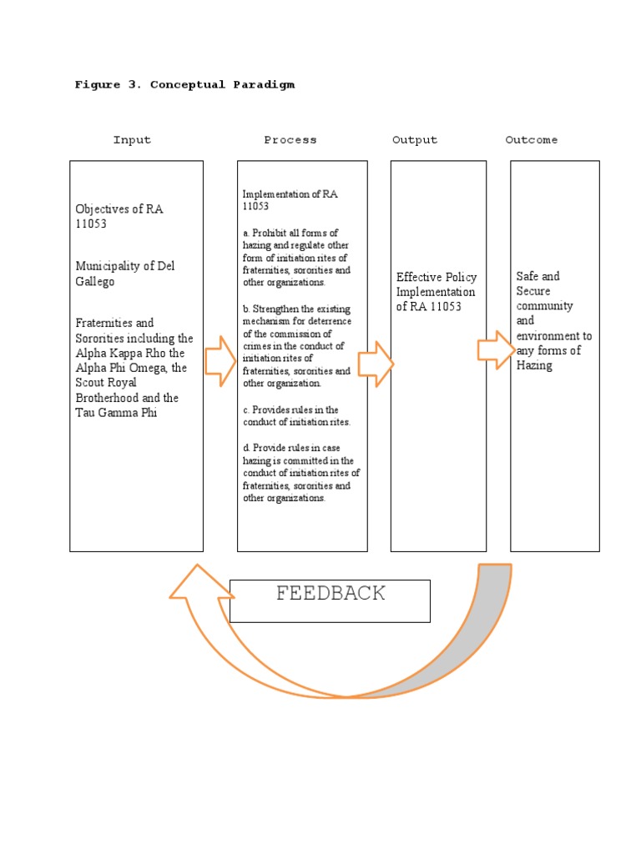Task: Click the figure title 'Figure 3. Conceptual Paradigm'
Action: [184, 84]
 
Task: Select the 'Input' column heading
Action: [132, 140]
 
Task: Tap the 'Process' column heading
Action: [290, 140]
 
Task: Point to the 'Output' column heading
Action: [415, 140]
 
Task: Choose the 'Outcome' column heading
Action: [532, 140]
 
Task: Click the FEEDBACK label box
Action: [331, 600]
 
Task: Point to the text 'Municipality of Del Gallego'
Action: [125, 274]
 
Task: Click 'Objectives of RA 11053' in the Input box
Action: [119, 216]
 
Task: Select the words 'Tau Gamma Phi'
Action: [116, 413]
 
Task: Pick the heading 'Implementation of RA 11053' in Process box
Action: [290, 200]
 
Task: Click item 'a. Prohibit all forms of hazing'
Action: [296, 258]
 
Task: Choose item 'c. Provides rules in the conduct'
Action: [296, 415]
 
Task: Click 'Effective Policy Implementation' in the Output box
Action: [437, 292]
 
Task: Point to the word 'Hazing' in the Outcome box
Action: [534, 365]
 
